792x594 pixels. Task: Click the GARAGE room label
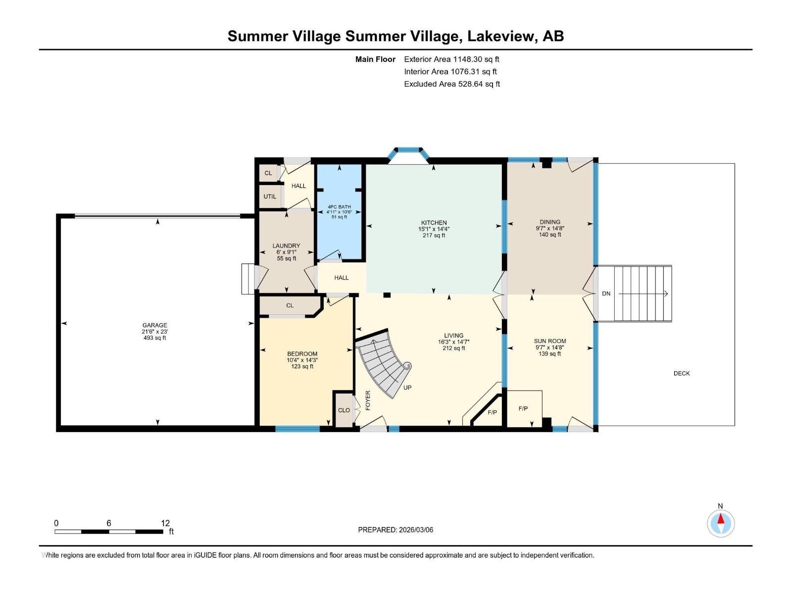tap(154, 326)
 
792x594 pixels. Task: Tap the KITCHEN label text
tap(434, 223)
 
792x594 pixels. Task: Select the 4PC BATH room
tap(339, 212)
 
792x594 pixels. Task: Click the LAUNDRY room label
tap(286, 246)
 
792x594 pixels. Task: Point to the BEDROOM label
tap(302, 354)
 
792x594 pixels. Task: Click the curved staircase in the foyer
tap(384, 364)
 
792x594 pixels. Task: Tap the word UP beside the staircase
tap(407, 388)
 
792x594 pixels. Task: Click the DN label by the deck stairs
tap(606, 294)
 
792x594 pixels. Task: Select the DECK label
tap(682, 373)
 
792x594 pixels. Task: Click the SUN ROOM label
tap(549, 341)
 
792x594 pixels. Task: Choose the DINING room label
tap(549, 222)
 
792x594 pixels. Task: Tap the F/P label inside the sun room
tap(523, 408)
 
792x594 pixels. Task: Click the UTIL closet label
tap(270, 197)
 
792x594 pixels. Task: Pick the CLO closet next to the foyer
tap(344, 410)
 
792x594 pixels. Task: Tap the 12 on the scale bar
tap(165, 523)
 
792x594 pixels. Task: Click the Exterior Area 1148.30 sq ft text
tap(451, 59)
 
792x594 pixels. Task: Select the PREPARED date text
tap(396, 530)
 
